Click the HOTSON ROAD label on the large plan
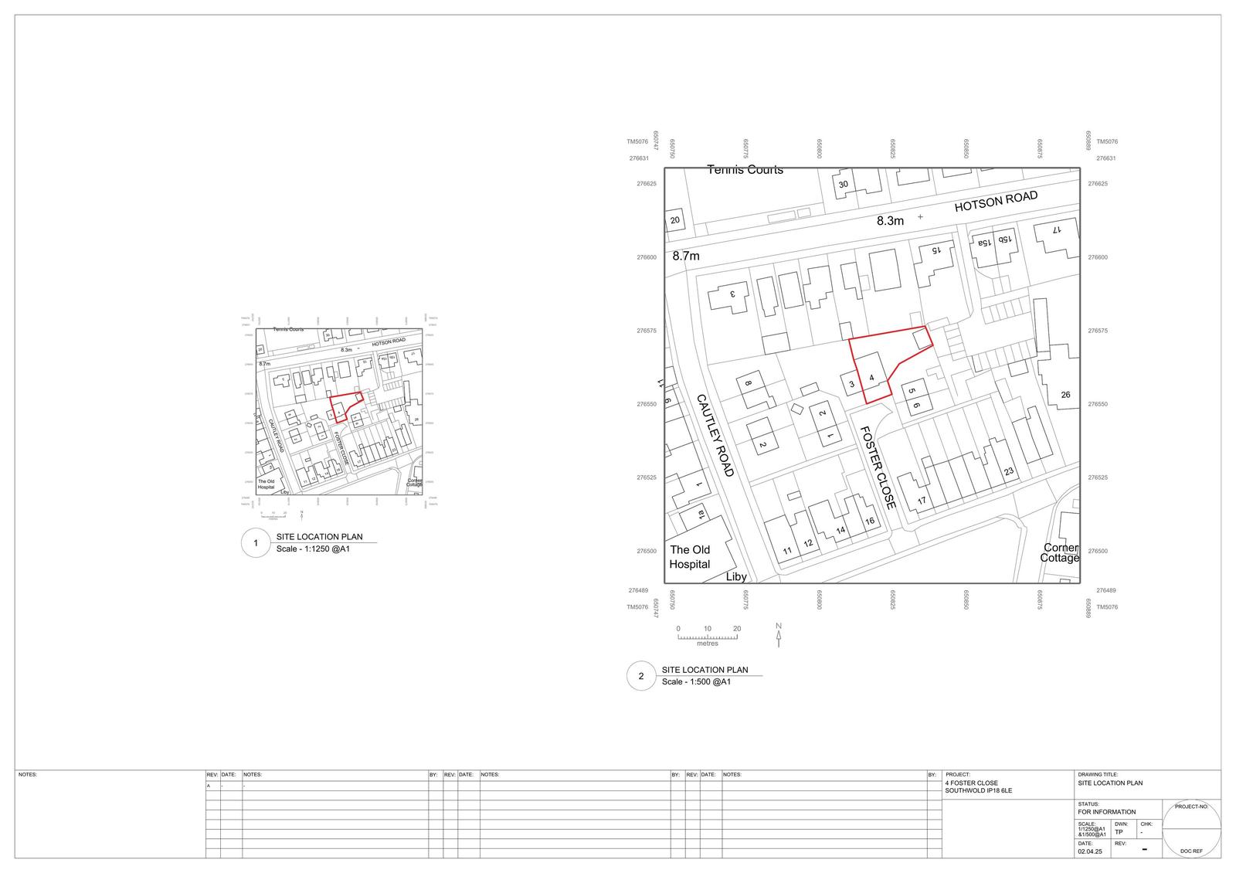996,202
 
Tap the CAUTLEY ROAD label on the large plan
715,435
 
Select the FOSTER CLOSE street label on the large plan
878,468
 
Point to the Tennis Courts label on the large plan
745,170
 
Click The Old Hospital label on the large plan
690,556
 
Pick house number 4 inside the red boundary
871,378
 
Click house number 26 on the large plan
1065,395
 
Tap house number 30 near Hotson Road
844,184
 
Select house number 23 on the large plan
1008,471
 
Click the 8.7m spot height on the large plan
685,256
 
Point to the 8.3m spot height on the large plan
890,221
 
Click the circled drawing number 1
255,543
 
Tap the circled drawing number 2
640,676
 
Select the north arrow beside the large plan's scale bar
779,634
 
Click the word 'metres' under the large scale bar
707,644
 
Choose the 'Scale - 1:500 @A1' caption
696,682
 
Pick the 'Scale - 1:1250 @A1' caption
313,550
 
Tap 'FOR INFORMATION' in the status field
1106,812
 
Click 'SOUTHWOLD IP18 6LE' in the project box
978,791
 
